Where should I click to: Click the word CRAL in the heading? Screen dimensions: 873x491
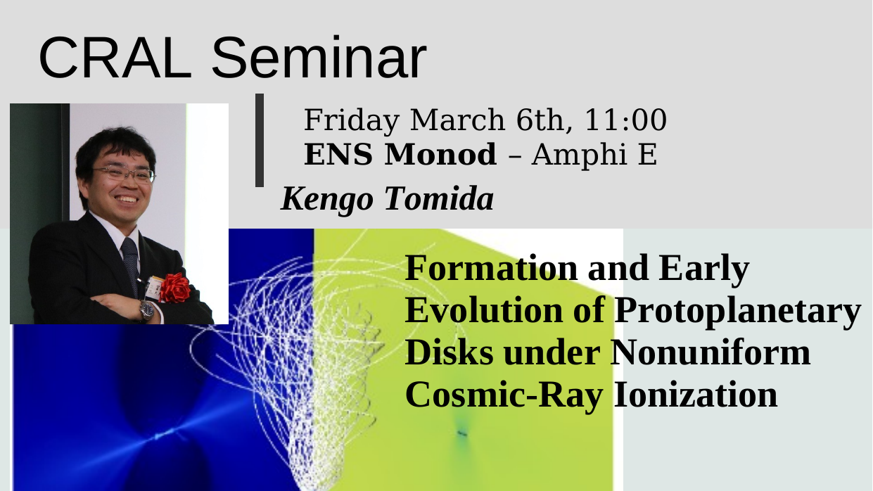pos(115,58)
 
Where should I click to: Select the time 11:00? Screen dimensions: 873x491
pos(625,120)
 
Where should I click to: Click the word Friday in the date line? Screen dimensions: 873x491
pos(352,122)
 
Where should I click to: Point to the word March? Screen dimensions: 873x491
pos(458,120)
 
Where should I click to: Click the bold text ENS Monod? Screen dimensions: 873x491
pos(400,154)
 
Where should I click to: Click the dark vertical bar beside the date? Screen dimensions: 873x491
pos(260,140)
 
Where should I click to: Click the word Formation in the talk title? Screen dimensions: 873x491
pos(492,268)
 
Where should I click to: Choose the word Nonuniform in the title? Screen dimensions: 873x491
pos(710,352)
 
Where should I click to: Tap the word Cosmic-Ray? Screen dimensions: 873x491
pos(504,396)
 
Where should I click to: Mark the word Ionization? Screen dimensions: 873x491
pos(696,394)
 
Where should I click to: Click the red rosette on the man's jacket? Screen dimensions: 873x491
pos(175,288)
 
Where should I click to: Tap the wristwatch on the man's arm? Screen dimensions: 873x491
pos(148,310)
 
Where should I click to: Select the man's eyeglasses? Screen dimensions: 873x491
pos(124,174)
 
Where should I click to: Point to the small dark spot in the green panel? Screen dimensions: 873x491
pos(462,433)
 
